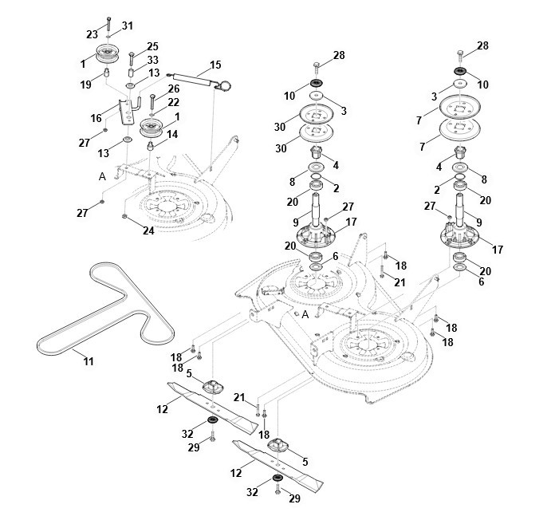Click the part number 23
tap(92, 33)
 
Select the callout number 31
tap(128, 27)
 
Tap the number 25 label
tap(152, 45)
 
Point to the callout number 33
tap(152, 59)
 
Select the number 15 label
tap(215, 64)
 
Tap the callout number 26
tap(174, 89)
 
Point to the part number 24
tap(148, 231)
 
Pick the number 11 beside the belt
tap(89, 361)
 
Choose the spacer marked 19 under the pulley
tap(107, 74)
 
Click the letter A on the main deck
tap(305, 314)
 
